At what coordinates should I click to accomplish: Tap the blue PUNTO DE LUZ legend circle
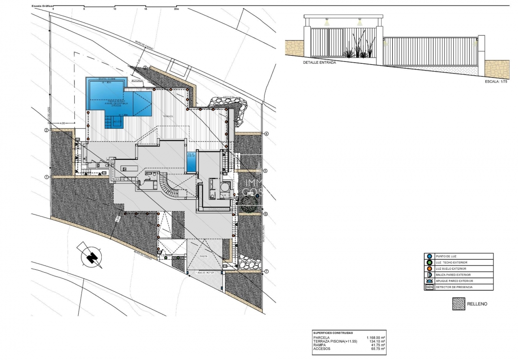(x=429, y=257)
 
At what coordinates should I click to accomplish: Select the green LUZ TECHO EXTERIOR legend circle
(x=429, y=263)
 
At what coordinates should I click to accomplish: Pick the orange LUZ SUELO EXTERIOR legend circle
(x=429, y=269)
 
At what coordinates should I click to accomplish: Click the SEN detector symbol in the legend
(x=429, y=287)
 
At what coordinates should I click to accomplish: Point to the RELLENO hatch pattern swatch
(x=459, y=304)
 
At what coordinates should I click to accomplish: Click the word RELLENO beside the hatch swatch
(x=480, y=304)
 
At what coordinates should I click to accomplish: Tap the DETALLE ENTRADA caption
(x=319, y=62)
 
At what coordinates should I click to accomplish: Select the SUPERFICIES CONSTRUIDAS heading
(x=333, y=333)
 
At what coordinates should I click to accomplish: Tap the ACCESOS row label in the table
(x=322, y=349)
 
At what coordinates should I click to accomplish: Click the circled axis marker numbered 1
(x=47, y=177)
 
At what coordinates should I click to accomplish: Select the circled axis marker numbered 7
(x=266, y=271)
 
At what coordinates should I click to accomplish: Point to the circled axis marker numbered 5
(x=265, y=170)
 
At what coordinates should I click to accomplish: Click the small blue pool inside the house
(x=191, y=162)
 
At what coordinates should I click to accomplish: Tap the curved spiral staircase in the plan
(x=170, y=187)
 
